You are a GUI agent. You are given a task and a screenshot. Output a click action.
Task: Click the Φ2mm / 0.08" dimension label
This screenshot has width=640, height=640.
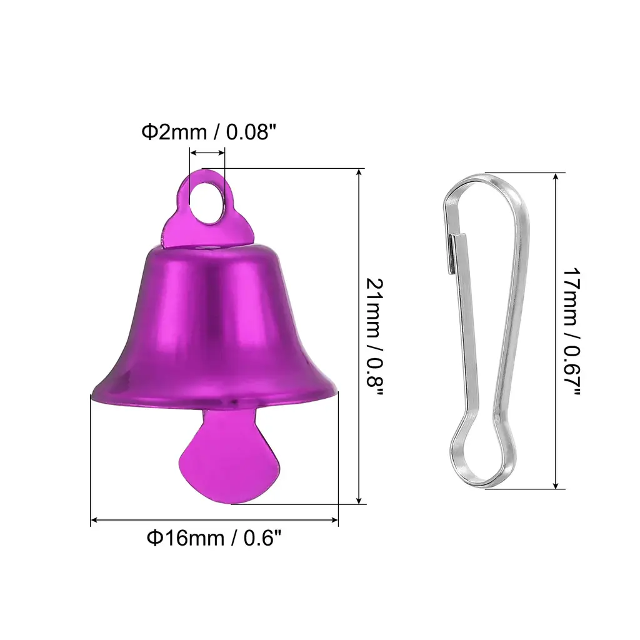point(209,132)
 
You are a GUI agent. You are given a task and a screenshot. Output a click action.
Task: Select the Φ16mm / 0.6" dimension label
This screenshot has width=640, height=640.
point(214,538)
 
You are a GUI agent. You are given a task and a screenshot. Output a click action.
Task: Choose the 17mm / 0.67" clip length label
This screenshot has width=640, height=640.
point(571,331)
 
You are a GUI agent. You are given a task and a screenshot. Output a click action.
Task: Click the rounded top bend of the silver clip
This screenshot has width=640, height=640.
point(486,182)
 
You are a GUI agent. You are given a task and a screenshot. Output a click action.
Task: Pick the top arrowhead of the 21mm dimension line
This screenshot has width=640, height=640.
point(359,173)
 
